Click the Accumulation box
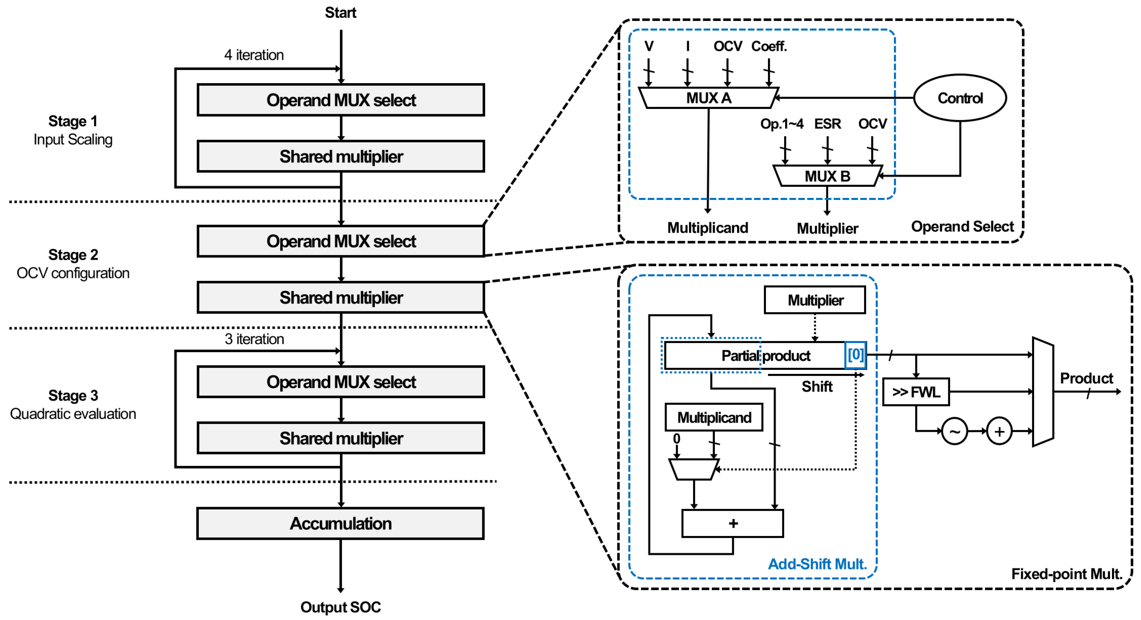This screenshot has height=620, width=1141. pos(340,523)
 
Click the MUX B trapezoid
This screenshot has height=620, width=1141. pos(827,176)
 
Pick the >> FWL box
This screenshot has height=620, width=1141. pos(916,392)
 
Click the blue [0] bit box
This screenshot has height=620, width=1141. pos(855,355)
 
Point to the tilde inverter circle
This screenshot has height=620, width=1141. pos(955,431)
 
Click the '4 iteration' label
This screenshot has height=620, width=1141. pos(254,55)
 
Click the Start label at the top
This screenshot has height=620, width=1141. pos(340,12)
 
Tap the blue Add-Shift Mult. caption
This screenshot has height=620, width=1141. pos(817,564)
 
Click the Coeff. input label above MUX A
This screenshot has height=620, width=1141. pos(769,46)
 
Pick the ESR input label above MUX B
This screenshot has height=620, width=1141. pos(827,123)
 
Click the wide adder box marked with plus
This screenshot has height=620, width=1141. pos(733,523)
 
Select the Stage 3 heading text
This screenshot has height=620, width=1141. pos(73,395)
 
